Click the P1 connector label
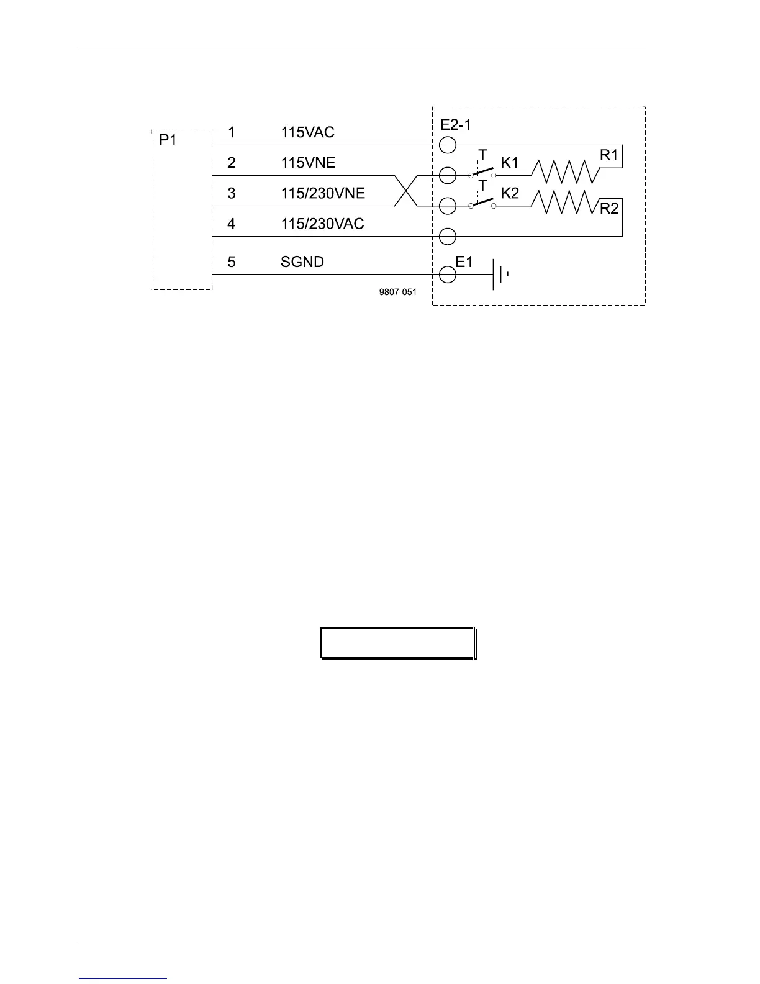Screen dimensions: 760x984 coord(168,140)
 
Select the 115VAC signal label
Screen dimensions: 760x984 coord(307,132)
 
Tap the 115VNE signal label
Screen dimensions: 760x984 coord(308,163)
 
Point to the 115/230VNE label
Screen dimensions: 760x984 coord(323,193)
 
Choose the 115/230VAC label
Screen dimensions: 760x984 coord(322,224)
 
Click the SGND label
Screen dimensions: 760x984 coord(302,262)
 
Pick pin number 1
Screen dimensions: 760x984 coord(232,132)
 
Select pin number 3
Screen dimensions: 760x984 coord(232,193)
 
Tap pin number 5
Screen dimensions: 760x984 coord(232,262)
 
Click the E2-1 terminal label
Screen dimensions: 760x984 coord(456,125)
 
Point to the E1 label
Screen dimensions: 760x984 coord(464,262)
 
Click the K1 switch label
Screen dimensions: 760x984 coord(510,163)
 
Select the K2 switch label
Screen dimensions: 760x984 coord(510,193)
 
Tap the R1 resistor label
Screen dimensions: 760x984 coord(609,155)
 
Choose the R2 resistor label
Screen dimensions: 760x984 coord(609,209)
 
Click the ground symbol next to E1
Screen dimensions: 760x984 coord(500,275)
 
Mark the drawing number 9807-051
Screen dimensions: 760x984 coord(397,292)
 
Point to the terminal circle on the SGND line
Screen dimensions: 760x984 coord(448,275)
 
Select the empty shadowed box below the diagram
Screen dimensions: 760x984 coord(397,643)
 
